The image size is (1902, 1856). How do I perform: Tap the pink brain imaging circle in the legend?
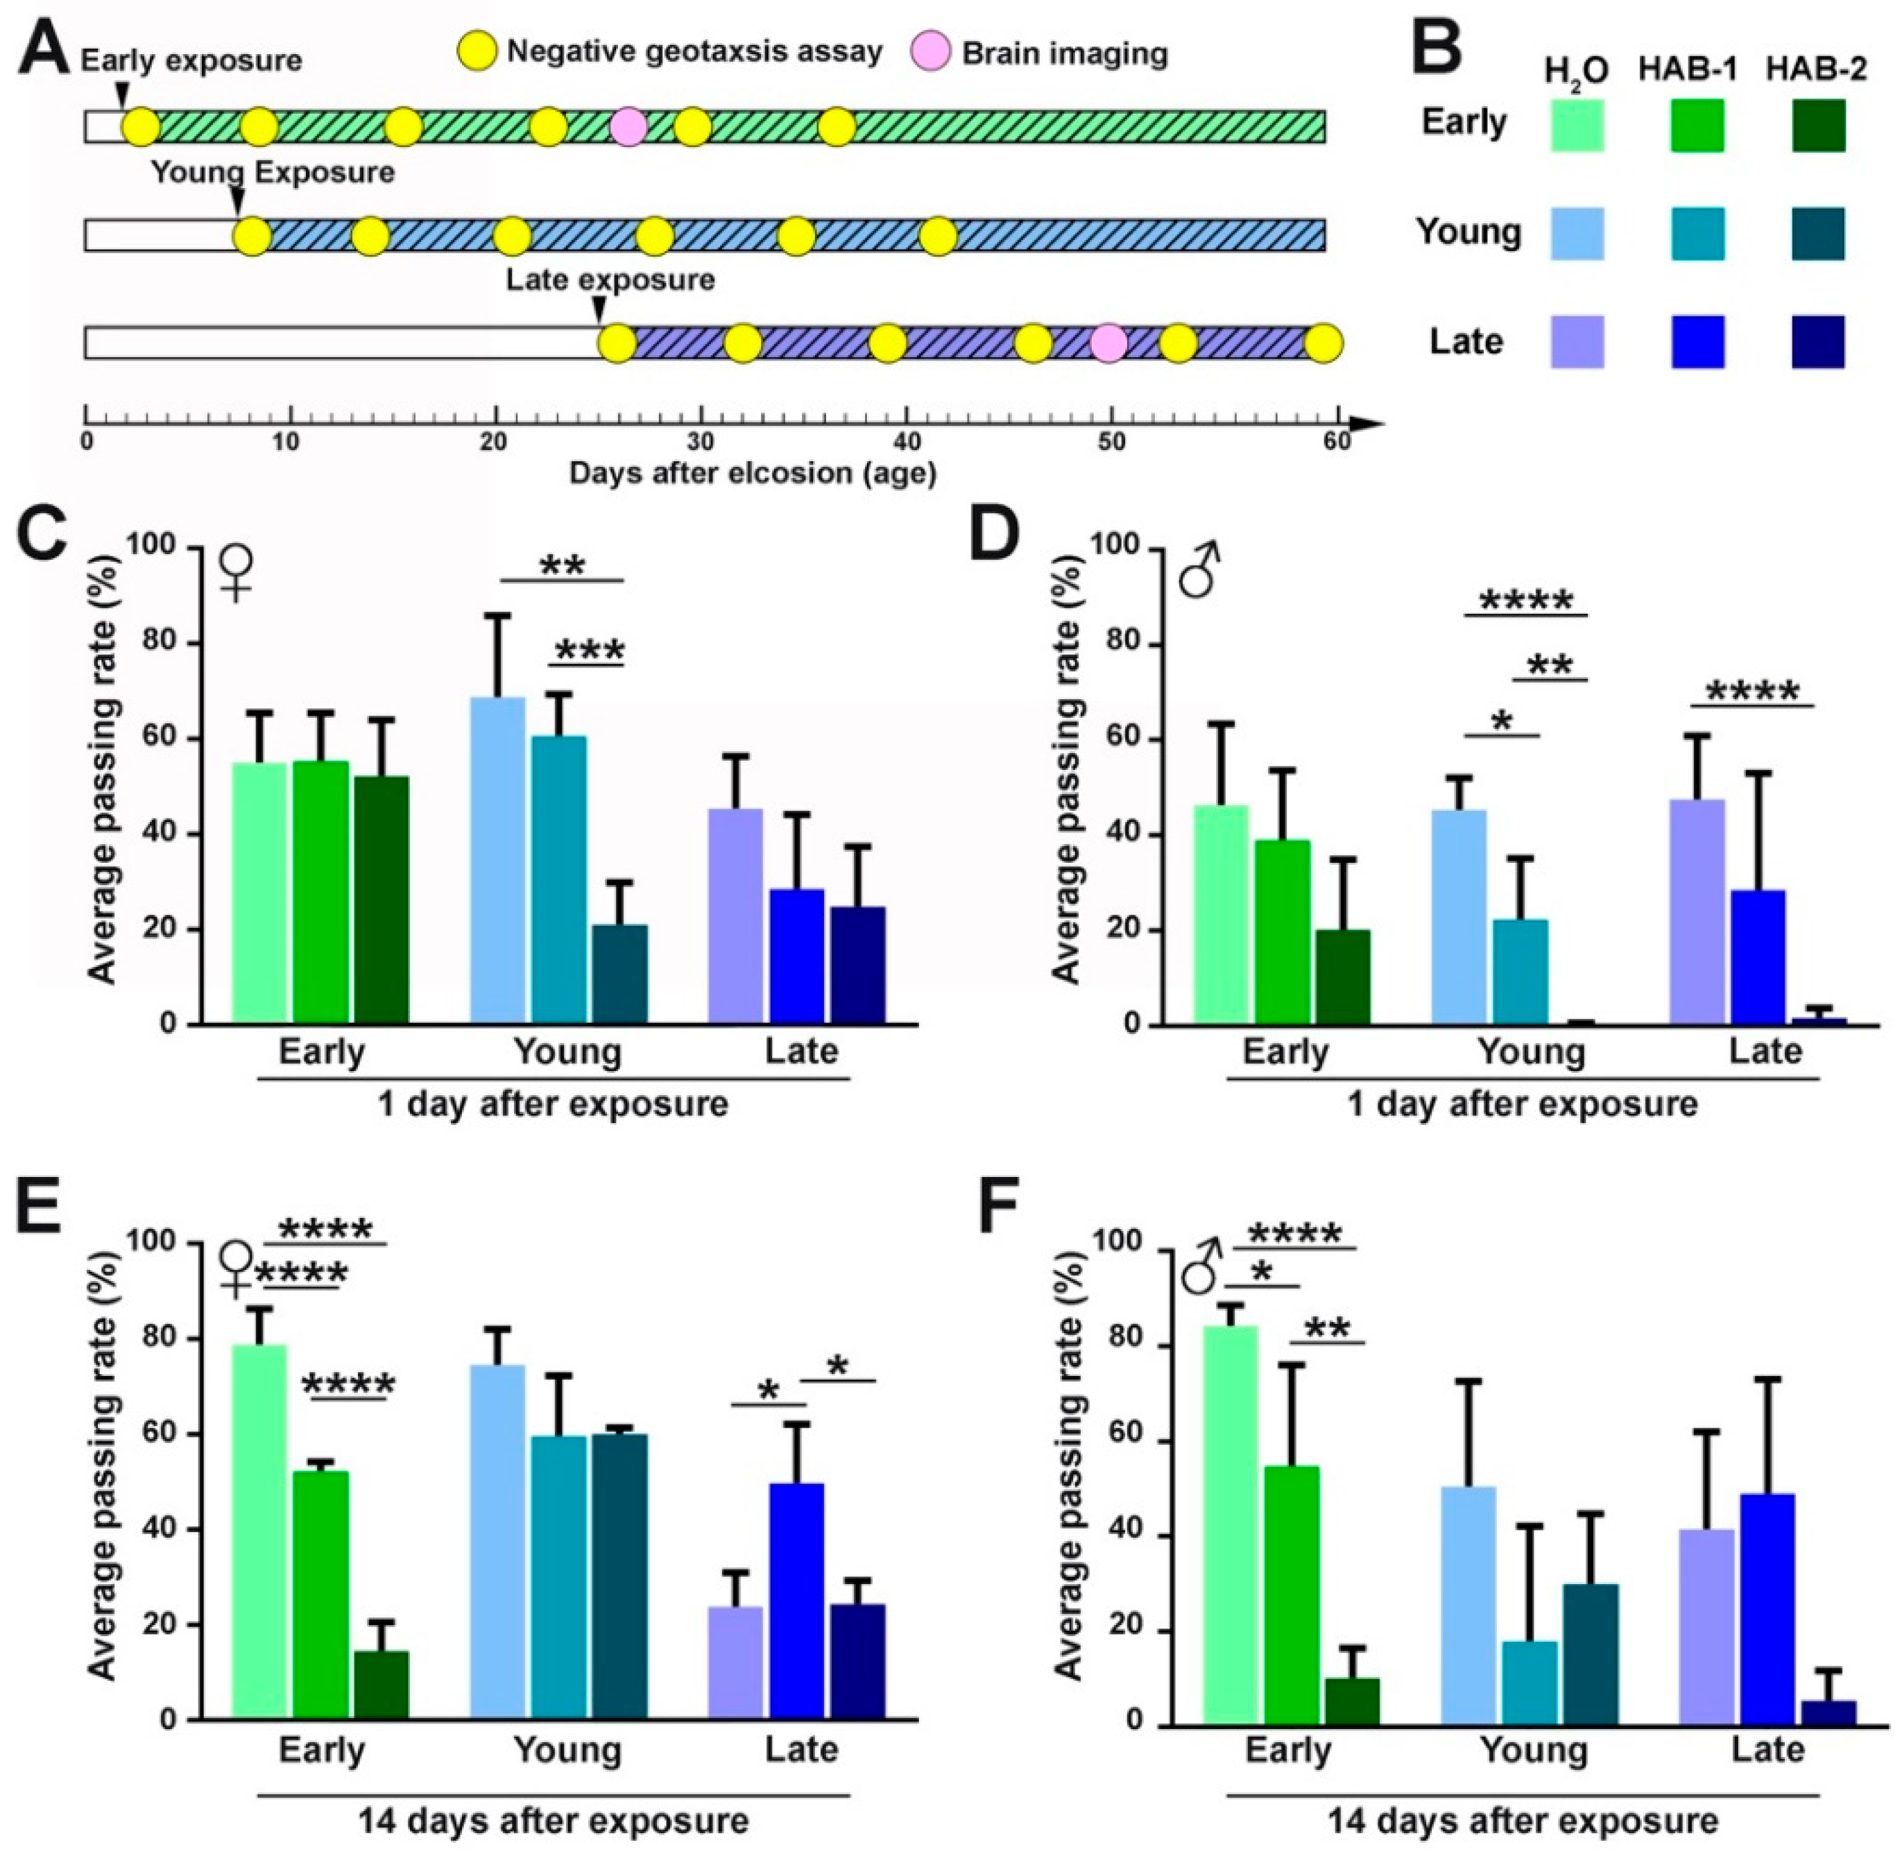point(930,51)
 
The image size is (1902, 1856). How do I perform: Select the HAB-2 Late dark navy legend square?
point(1817,342)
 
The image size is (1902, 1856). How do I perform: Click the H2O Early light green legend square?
point(1577,125)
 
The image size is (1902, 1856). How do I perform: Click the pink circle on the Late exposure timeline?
point(1108,343)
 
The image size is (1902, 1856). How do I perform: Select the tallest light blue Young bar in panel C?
point(497,858)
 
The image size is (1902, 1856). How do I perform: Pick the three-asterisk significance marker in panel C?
point(590,650)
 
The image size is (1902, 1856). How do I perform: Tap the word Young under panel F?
point(1534,1750)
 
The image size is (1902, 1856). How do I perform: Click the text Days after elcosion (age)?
point(753,474)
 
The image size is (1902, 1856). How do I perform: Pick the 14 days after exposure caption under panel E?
point(553,1820)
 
